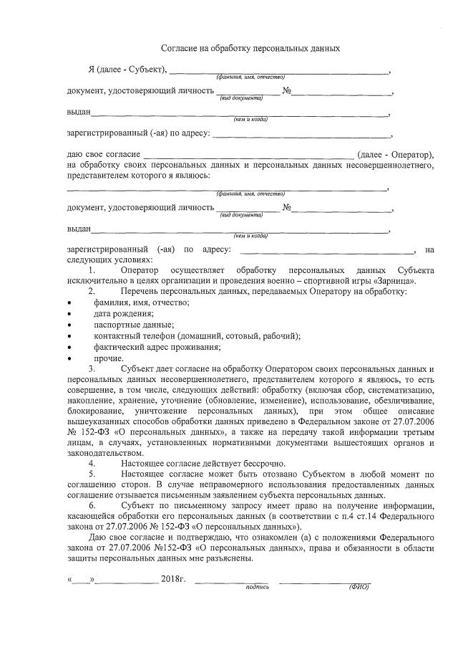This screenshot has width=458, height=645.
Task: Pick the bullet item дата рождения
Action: click(123, 314)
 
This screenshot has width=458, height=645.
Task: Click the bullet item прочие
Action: click(109, 358)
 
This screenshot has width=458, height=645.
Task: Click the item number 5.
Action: click(92, 475)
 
